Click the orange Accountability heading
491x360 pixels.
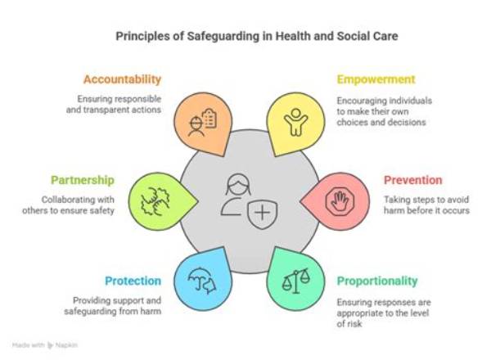tap(122, 79)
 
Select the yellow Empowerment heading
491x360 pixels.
tap(376, 79)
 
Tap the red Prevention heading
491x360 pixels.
tap(413, 180)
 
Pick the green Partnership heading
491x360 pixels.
tap(83, 181)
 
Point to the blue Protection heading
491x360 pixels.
tap(133, 281)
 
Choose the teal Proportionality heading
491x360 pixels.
tap(377, 281)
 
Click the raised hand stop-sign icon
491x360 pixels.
tap(340, 201)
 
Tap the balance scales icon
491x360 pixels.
tap(296, 281)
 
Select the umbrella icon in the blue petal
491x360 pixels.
tap(202, 281)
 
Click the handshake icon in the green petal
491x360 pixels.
tap(155, 201)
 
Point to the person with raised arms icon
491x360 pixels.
tap(296, 122)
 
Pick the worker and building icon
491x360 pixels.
tap(202, 123)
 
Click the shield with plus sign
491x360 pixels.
tap(262, 214)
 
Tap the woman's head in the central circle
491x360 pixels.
tap(238, 185)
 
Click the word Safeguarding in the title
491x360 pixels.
tap(223, 36)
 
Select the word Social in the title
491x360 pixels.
tap(351, 36)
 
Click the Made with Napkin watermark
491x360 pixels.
tap(45, 345)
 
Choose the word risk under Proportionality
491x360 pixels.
tap(355, 324)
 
